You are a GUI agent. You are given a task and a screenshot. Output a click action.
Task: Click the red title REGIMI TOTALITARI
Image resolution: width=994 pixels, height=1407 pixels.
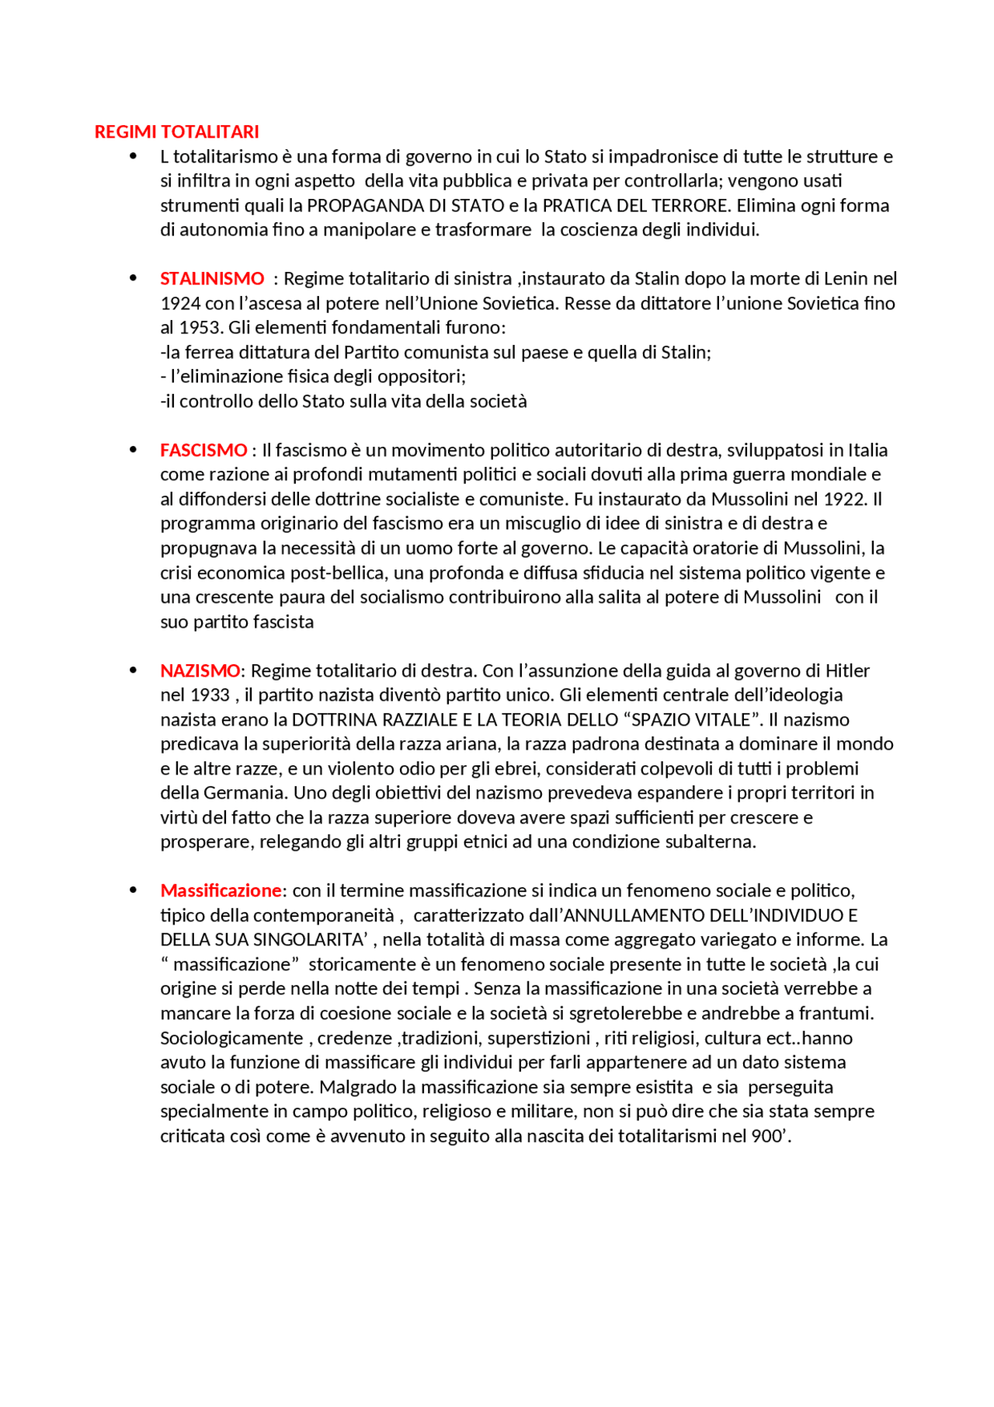pos(176,132)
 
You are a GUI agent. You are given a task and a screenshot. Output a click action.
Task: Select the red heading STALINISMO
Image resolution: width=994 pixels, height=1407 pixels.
pos(212,278)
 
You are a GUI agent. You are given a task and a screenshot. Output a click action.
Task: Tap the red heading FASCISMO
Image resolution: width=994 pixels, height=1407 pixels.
pos(203,450)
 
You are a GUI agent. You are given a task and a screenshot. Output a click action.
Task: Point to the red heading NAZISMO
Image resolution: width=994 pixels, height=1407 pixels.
pos(200,670)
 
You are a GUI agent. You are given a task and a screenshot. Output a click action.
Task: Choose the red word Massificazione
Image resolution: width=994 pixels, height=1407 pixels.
pos(221,890)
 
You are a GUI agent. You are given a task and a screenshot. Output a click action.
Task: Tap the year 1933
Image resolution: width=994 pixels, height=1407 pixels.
pos(210,695)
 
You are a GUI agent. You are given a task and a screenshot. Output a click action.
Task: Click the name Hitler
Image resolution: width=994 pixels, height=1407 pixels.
pos(847,670)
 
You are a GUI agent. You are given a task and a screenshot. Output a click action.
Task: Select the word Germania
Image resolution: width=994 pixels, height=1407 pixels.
pos(245,792)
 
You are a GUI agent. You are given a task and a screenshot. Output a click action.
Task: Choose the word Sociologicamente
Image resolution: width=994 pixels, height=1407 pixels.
pos(231,1038)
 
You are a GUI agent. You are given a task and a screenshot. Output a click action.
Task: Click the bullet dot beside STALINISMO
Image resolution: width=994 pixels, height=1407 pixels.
pos(134,278)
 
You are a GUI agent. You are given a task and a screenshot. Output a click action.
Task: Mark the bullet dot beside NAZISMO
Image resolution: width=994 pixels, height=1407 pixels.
pos(134,670)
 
